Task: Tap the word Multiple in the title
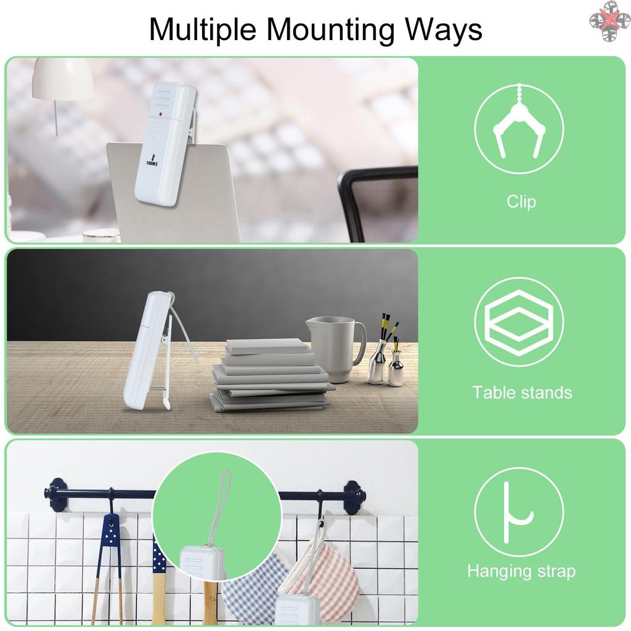[203, 30]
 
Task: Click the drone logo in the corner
[609, 20]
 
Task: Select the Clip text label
[521, 202]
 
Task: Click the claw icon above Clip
[519, 121]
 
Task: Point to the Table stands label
[522, 393]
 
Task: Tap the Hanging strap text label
[521, 571]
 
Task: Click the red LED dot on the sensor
[160, 115]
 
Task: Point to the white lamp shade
[62, 79]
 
